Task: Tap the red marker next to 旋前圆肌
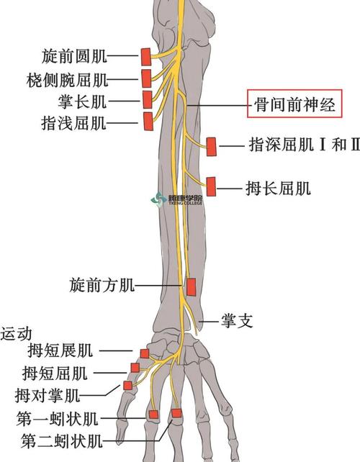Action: point(145,56)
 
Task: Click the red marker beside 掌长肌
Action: point(148,99)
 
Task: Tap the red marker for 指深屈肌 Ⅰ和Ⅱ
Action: point(212,146)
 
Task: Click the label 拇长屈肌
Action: point(278,189)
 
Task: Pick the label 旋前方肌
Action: point(102,286)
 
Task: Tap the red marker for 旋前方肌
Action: point(192,286)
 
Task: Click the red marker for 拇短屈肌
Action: point(135,368)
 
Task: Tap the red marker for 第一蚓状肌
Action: point(153,414)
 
